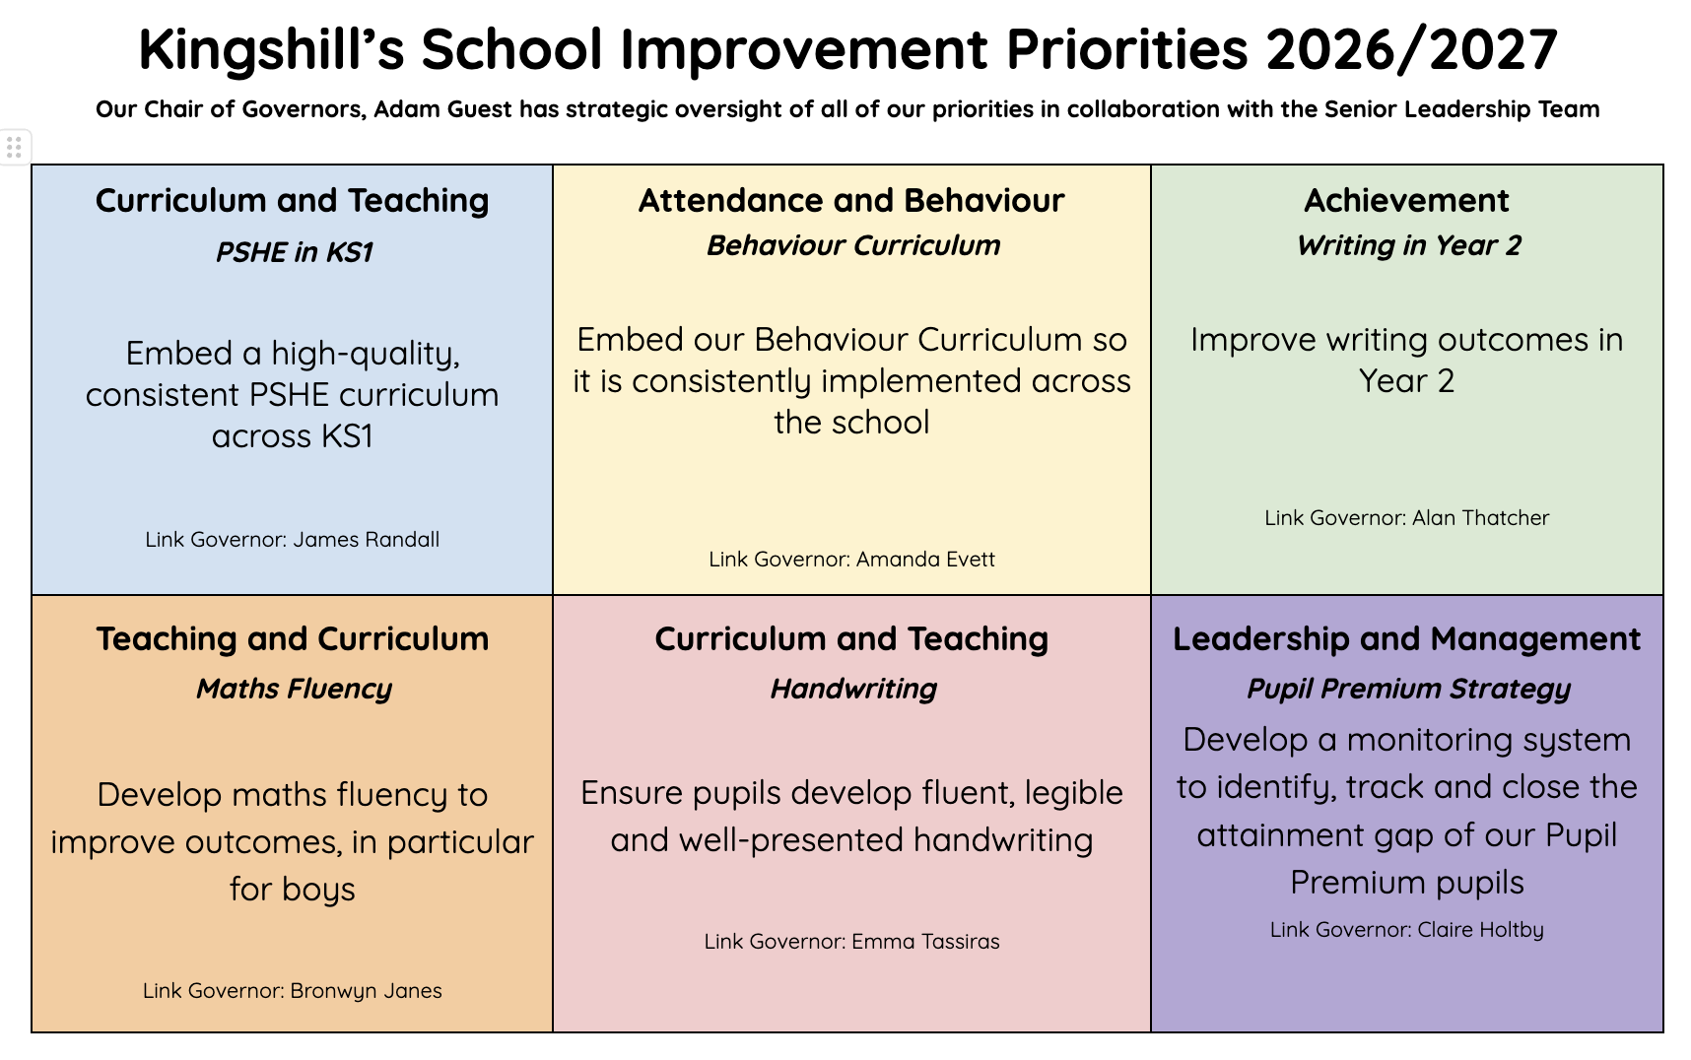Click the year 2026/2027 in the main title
click(1411, 50)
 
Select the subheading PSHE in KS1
click(294, 253)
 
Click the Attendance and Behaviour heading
click(851, 201)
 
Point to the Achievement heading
click(1406, 201)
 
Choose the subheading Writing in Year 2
click(1408, 246)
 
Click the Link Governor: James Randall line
click(292, 540)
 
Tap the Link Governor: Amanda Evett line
click(851, 560)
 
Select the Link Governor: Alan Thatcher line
click(1406, 518)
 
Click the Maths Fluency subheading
click(294, 690)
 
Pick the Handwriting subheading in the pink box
click(853, 690)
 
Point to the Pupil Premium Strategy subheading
click(1408, 690)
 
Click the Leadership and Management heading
click(1406, 639)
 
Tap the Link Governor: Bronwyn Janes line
click(292, 991)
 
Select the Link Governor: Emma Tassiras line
click(851, 942)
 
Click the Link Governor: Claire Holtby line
click(1406, 930)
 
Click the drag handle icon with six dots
click(14, 148)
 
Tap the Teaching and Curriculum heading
click(292, 639)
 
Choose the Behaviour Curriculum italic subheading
click(853, 246)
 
